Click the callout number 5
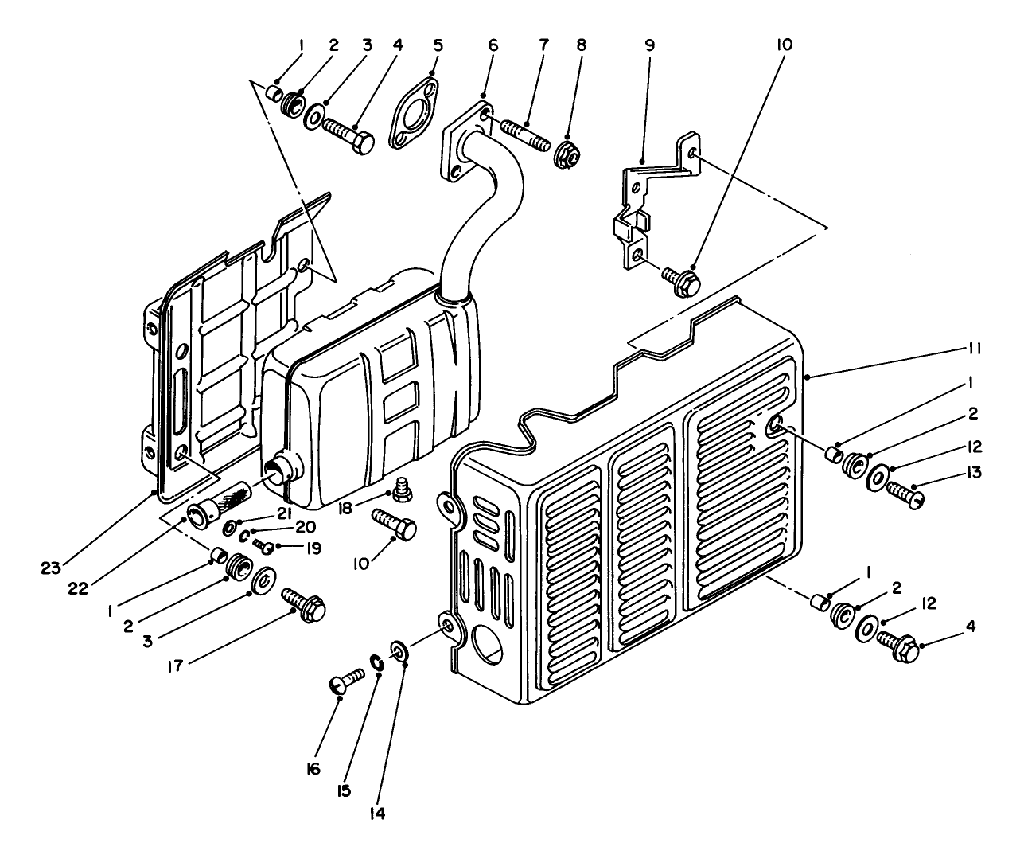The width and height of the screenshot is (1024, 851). point(438,45)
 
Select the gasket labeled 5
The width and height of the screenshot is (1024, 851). point(415,112)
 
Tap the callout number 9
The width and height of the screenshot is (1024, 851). point(649,45)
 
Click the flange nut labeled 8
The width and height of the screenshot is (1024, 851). point(568,154)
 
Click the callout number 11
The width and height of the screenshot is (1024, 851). point(974,349)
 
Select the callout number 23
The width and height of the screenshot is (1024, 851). point(51,568)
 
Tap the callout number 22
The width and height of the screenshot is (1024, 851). point(78,588)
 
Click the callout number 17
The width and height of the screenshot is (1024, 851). point(175,666)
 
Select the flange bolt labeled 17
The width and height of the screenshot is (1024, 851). point(304,605)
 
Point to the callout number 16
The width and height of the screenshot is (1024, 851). point(313,768)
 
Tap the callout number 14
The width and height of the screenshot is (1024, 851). point(377,814)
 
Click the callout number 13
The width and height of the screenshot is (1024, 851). point(974,473)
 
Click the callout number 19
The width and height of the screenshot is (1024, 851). point(313,548)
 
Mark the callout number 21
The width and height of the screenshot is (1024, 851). point(284,513)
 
